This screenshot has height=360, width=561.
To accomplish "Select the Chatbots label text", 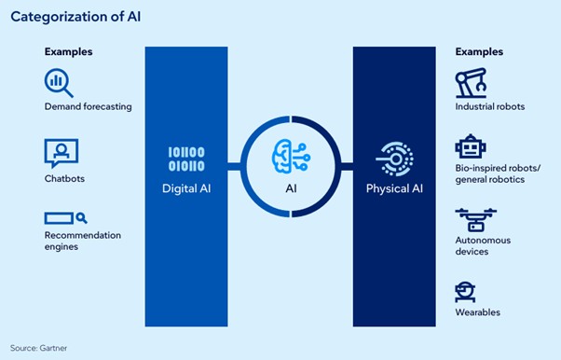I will pyautogui.click(x=64, y=178).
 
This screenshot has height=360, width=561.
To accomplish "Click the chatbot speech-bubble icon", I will pyautogui.click(x=61, y=152).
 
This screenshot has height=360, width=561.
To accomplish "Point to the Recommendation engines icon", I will pyautogui.click(x=64, y=217).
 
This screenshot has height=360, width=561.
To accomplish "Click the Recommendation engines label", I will pyautogui.click(x=82, y=241).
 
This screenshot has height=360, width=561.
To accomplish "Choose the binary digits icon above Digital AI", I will pyautogui.click(x=185, y=159).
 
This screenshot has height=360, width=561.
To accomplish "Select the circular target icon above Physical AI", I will pyautogui.click(x=393, y=159).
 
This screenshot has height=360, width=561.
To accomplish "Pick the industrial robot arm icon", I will pyautogui.click(x=472, y=84).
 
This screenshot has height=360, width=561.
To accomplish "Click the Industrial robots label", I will pyautogui.click(x=490, y=107).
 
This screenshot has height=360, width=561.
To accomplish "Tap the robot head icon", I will pyautogui.click(x=469, y=147).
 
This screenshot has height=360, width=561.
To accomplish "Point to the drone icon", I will pyautogui.click(x=475, y=219).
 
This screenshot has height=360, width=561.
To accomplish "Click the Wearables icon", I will pyautogui.click(x=466, y=291).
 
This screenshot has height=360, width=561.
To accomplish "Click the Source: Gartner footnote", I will pyautogui.click(x=38, y=348).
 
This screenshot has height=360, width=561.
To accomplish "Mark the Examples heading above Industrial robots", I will pyautogui.click(x=479, y=51).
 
